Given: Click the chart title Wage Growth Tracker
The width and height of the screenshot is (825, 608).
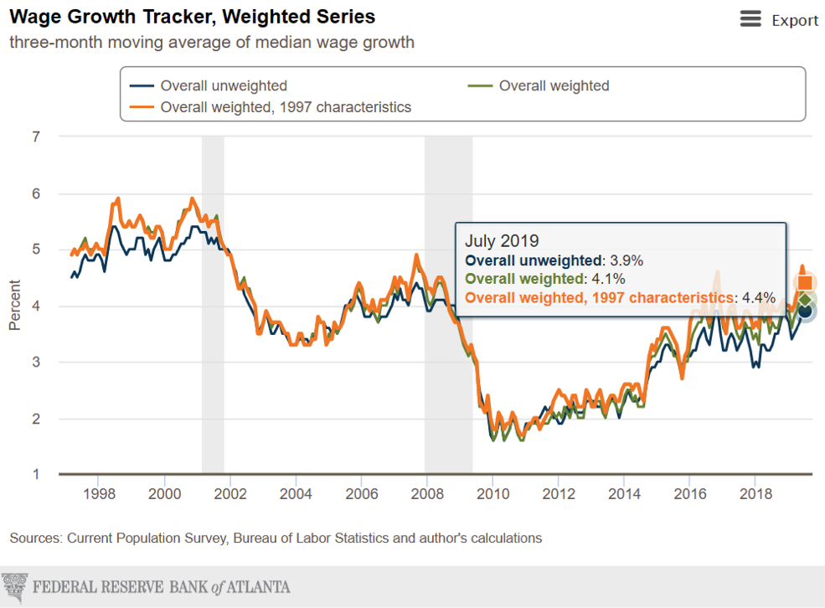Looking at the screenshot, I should [x=192, y=17].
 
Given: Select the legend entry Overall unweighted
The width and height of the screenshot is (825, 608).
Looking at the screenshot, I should [x=223, y=85].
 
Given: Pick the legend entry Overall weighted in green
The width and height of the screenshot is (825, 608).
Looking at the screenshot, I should [x=554, y=85].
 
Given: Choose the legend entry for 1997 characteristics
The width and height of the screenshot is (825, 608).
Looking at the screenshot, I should [x=285, y=107].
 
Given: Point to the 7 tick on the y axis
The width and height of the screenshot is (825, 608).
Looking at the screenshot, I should [x=36, y=137].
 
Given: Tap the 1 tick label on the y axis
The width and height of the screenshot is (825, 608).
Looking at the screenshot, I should [x=36, y=475].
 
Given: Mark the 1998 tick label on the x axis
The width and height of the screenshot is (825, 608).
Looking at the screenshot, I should [x=99, y=493].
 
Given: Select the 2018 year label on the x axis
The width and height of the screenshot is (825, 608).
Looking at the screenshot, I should [x=755, y=493].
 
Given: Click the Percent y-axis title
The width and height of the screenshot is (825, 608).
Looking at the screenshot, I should [x=15, y=305].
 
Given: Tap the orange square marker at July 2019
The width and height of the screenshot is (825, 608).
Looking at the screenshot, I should [x=805, y=282].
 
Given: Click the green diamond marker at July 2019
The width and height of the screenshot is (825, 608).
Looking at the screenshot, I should [x=805, y=300].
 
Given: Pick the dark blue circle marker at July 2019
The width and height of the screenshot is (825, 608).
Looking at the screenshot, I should [x=805, y=312].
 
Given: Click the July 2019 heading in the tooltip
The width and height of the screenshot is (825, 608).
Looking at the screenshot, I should [x=503, y=241].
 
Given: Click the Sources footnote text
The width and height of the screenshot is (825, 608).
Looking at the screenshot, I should [x=276, y=538].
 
